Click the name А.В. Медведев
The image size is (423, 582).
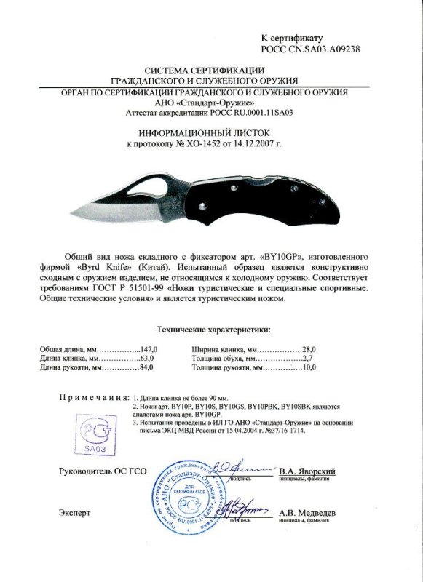(x=308, y=513)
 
